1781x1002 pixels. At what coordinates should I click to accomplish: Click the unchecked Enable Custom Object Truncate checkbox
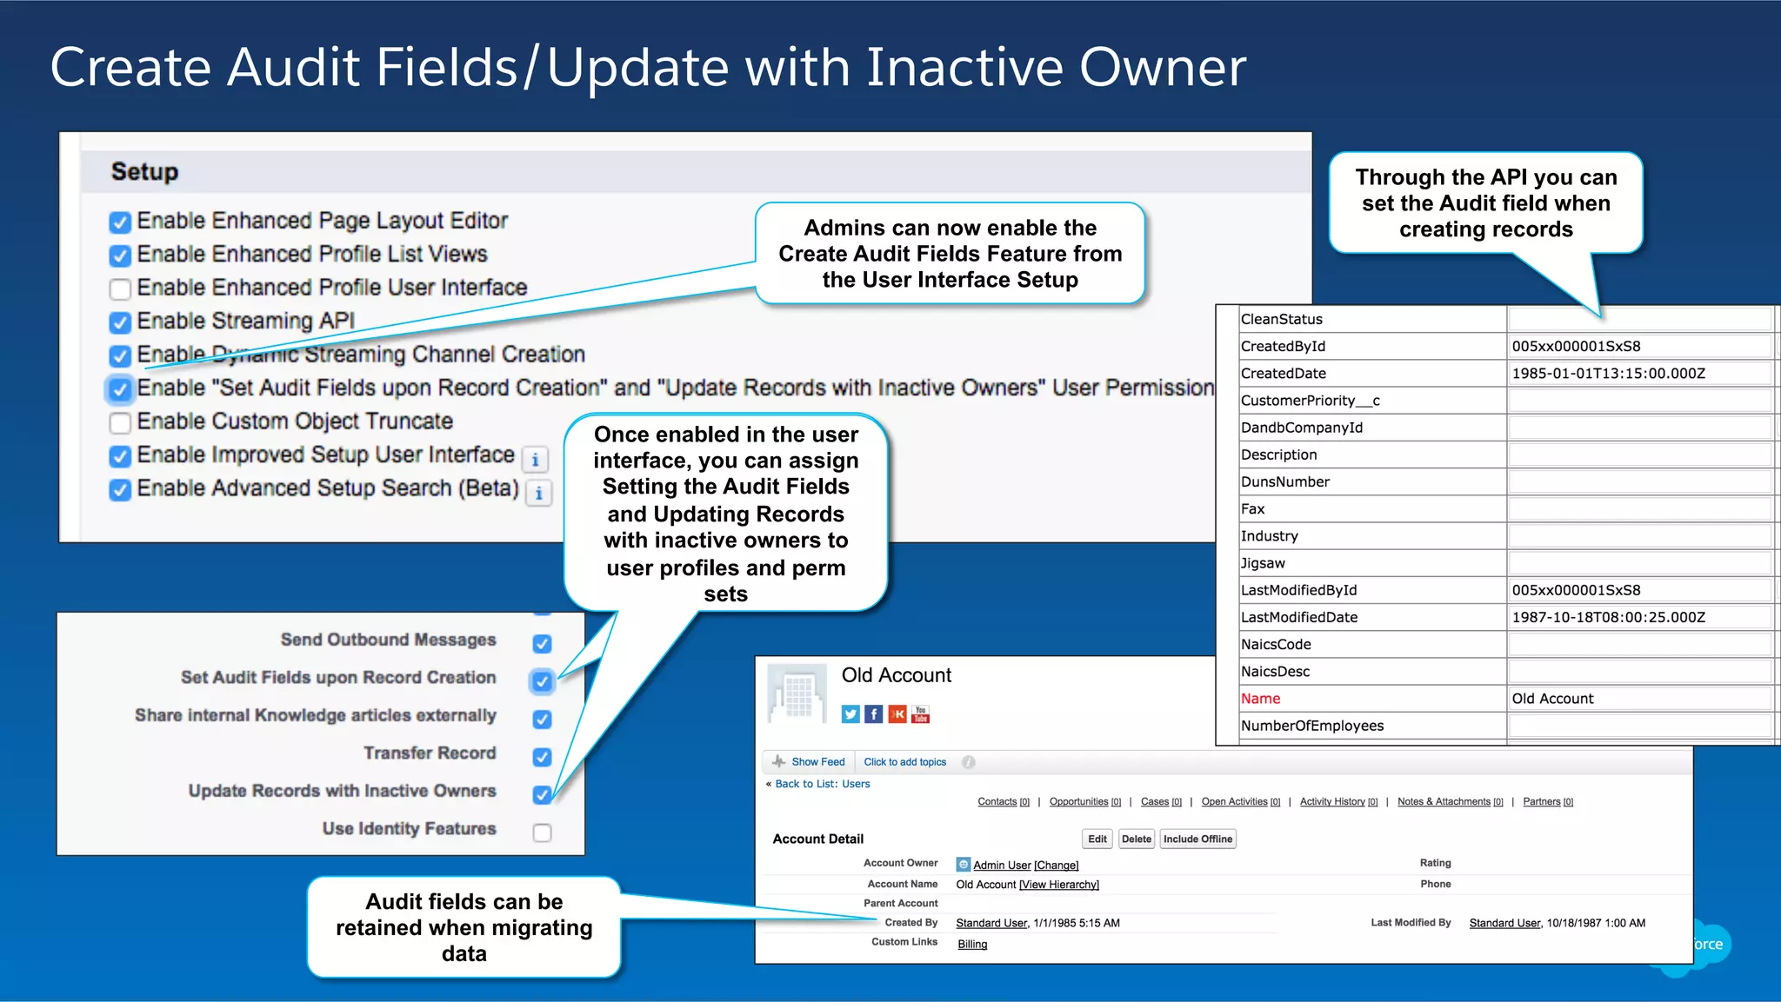(120, 422)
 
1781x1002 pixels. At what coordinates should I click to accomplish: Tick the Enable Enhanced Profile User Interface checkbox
(120, 289)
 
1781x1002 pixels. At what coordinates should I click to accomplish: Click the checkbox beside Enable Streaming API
(120, 322)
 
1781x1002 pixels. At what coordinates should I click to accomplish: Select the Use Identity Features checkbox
(542, 832)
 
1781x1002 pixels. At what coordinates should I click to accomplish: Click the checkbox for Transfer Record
(542, 756)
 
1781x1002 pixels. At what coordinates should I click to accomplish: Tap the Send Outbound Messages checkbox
(542, 643)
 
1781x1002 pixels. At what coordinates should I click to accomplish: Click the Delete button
(1136, 839)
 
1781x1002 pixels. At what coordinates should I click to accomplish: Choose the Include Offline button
(1197, 839)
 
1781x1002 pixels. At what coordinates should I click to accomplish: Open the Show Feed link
(817, 762)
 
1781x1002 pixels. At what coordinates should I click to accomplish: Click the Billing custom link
(972, 945)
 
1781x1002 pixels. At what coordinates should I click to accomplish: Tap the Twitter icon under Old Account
(850, 714)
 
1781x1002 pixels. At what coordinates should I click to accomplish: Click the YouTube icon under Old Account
(921, 714)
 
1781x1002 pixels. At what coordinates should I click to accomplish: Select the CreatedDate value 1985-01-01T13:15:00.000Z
(1608, 374)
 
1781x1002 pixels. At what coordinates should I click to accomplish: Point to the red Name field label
(1260, 699)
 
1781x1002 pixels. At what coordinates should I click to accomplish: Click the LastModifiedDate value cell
(1608, 617)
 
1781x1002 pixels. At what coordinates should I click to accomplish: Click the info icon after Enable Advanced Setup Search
(539, 493)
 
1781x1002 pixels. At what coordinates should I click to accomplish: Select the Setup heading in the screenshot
(144, 172)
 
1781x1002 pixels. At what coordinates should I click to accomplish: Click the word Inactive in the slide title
(964, 68)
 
